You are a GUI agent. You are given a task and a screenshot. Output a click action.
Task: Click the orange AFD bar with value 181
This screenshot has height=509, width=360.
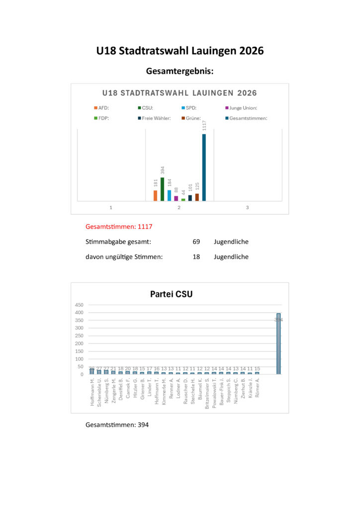(155, 195)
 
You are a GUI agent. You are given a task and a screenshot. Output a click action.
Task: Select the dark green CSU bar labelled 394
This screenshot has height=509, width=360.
(162, 189)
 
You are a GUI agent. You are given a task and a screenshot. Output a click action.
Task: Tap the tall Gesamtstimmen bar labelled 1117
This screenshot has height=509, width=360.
(204, 167)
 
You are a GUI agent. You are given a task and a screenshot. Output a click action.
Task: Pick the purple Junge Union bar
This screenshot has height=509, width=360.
(176, 198)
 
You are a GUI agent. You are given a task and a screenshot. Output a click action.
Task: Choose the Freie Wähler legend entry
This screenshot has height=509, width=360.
(154, 118)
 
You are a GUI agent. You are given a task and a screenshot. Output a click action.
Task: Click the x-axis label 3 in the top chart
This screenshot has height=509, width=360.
(247, 207)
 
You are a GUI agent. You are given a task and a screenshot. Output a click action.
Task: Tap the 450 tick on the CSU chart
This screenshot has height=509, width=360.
(79, 305)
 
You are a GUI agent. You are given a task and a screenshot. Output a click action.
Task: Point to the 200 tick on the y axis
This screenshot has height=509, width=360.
(79, 343)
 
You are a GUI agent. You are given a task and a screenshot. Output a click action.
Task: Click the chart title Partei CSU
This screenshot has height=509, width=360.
(171, 294)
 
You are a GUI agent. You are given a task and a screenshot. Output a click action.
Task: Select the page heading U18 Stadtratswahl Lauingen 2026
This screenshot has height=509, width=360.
(180, 51)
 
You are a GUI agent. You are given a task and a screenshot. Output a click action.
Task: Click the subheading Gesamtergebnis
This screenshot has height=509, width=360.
(180, 72)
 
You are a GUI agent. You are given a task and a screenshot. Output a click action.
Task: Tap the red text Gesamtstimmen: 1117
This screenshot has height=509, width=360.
(119, 227)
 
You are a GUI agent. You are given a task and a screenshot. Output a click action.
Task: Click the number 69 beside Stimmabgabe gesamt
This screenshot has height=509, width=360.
(196, 242)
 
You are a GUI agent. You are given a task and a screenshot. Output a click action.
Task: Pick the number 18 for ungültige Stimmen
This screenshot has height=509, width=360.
(196, 257)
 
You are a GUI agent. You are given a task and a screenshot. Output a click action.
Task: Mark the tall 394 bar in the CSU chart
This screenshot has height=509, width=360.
(278, 343)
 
